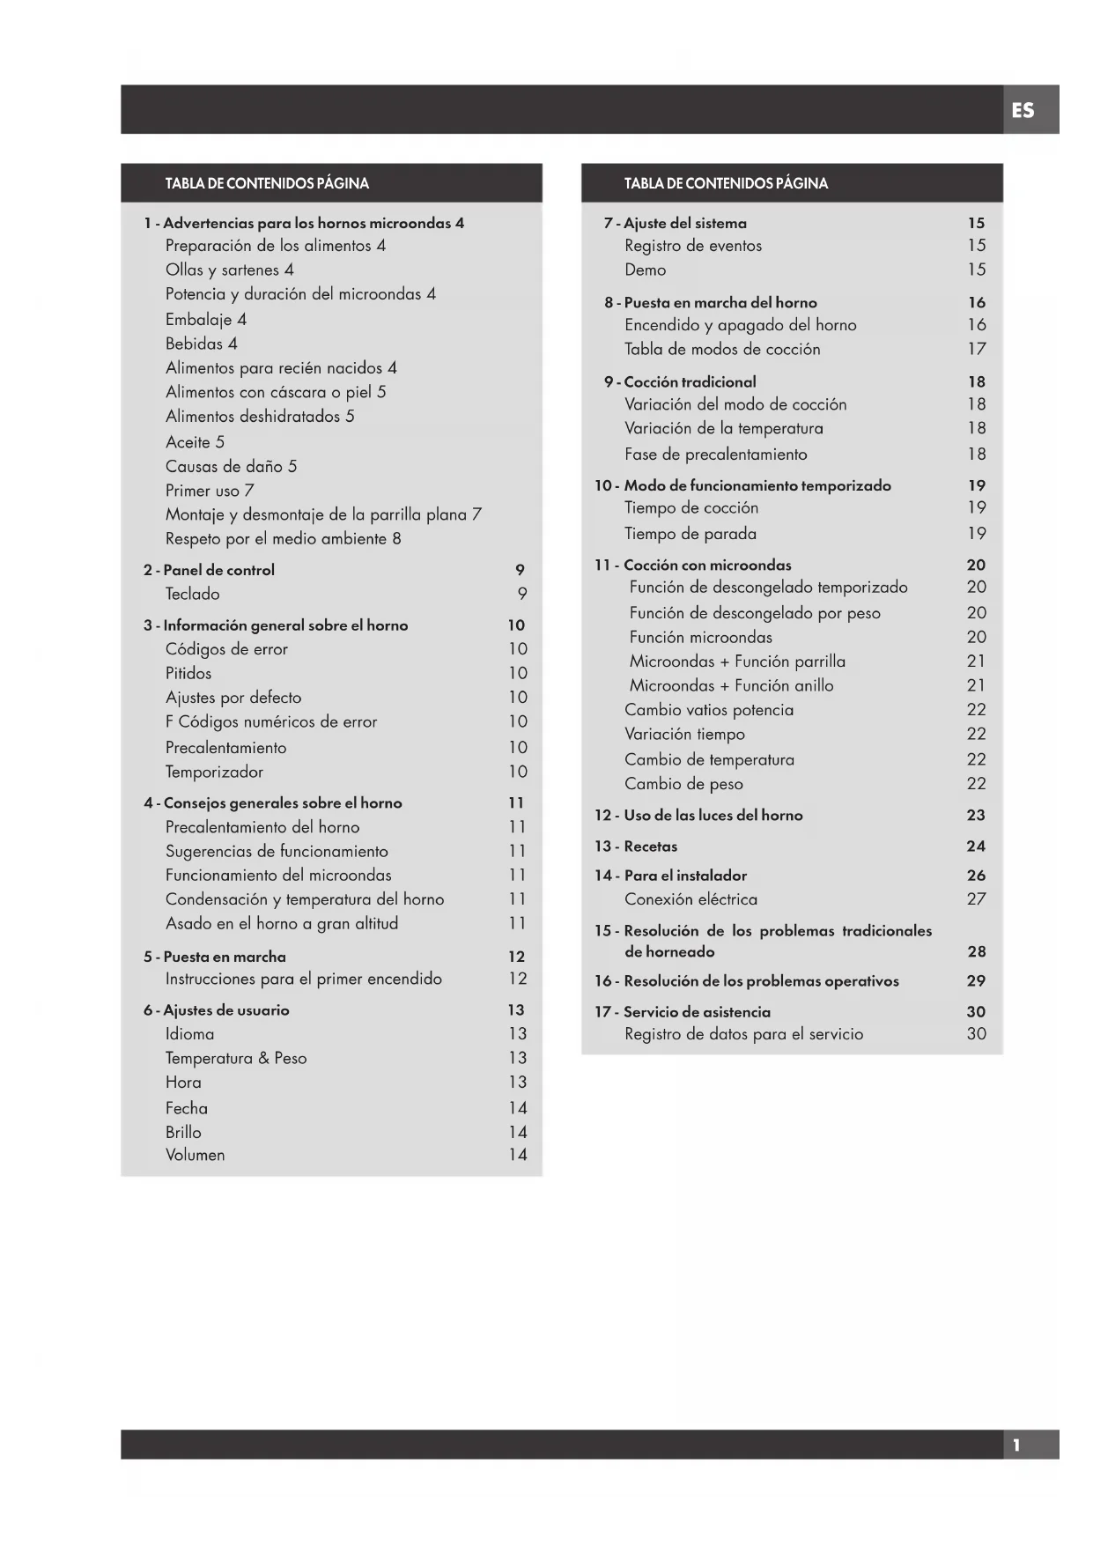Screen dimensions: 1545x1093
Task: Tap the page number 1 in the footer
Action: tap(1016, 1445)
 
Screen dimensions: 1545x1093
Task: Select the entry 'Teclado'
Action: tap(192, 594)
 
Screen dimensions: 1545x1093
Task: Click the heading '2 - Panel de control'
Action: tap(209, 570)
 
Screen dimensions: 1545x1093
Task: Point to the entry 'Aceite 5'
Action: tap(195, 442)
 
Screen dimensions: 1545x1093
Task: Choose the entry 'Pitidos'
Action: tap(188, 673)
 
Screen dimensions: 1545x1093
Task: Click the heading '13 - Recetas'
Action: tap(635, 846)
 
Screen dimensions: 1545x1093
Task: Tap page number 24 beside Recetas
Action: tap(975, 846)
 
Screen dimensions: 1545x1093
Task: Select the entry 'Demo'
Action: tap(645, 270)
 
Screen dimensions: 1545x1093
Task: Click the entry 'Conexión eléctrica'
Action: tap(691, 899)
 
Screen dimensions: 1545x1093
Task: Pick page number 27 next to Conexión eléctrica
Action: tap(976, 899)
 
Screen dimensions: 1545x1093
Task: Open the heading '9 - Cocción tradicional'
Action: tap(680, 382)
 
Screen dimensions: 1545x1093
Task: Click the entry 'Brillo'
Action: tap(183, 1132)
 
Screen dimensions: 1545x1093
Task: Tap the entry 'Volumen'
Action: tap(195, 1155)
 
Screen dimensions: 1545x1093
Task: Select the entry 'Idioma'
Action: tap(189, 1034)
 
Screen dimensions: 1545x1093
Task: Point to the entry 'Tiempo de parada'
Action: tap(690, 534)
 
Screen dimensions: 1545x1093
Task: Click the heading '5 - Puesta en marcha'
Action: tap(215, 957)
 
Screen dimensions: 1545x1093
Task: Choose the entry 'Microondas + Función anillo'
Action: tap(731, 685)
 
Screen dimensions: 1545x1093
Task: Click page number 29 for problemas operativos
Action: tap(975, 981)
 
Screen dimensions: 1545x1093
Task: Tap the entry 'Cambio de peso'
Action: tap(683, 784)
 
